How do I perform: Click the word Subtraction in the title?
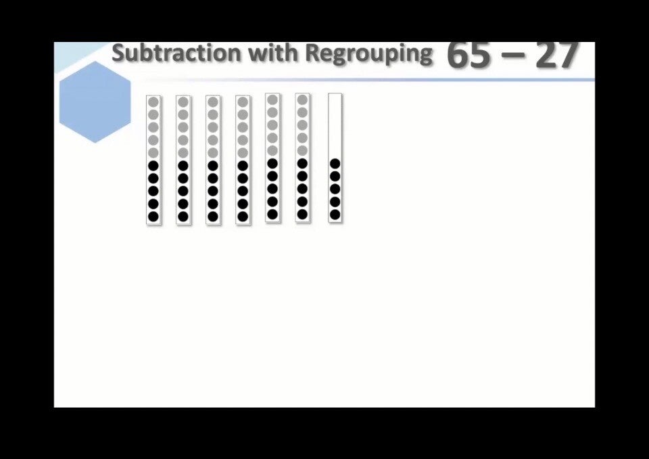[176, 53]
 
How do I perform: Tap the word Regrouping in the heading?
[369, 54]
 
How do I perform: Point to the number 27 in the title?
[556, 55]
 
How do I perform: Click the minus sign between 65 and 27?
[513, 56]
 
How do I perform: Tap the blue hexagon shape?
[95, 102]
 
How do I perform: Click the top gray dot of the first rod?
[153, 102]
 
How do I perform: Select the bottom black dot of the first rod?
[153, 217]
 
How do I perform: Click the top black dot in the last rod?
[335, 164]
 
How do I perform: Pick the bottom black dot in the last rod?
[335, 215]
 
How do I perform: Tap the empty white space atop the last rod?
[335, 125]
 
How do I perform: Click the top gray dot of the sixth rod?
[303, 100]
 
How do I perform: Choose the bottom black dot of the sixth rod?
[303, 215]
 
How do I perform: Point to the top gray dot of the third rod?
[213, 102]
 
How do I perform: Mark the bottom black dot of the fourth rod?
[243, 217]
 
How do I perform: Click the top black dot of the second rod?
[183, 166]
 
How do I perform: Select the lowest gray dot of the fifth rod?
[272, 150]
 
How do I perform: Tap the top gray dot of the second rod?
[183, 102]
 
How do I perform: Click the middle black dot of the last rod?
[335, 189]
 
